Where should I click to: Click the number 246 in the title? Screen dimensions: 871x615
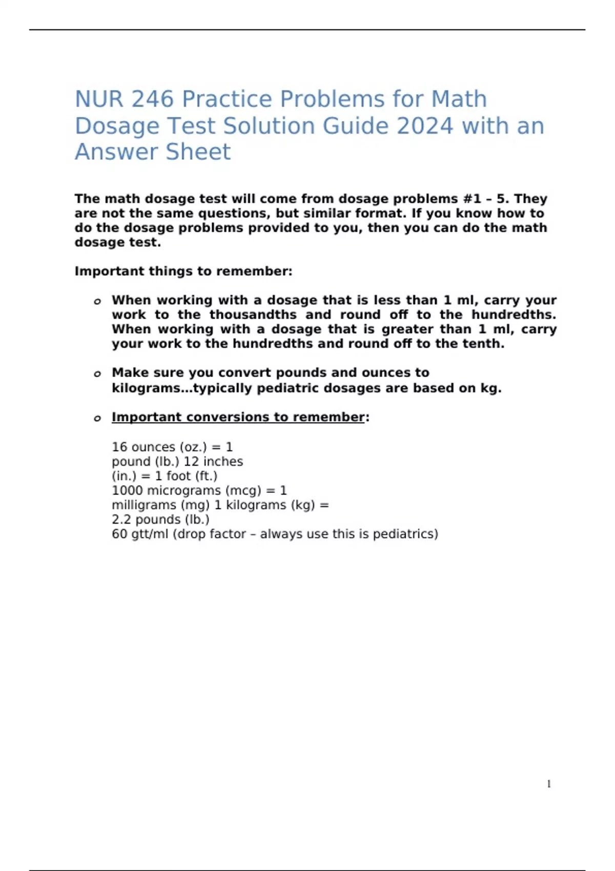tap(153, 99)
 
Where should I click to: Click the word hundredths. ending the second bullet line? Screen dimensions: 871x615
tap(514, 315)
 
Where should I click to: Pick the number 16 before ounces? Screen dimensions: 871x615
tap(120, 447)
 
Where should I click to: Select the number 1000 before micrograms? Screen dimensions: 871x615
tap(127, 491)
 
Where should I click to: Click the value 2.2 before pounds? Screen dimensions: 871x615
tap(121, 520)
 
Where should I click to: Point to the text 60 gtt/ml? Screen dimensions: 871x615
tap(140, 534)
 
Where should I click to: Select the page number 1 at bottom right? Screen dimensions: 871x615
tap(549, 784)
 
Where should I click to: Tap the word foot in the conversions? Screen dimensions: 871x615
tap(178, 476)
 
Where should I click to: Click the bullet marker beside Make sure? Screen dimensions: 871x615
tap(97, 374)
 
